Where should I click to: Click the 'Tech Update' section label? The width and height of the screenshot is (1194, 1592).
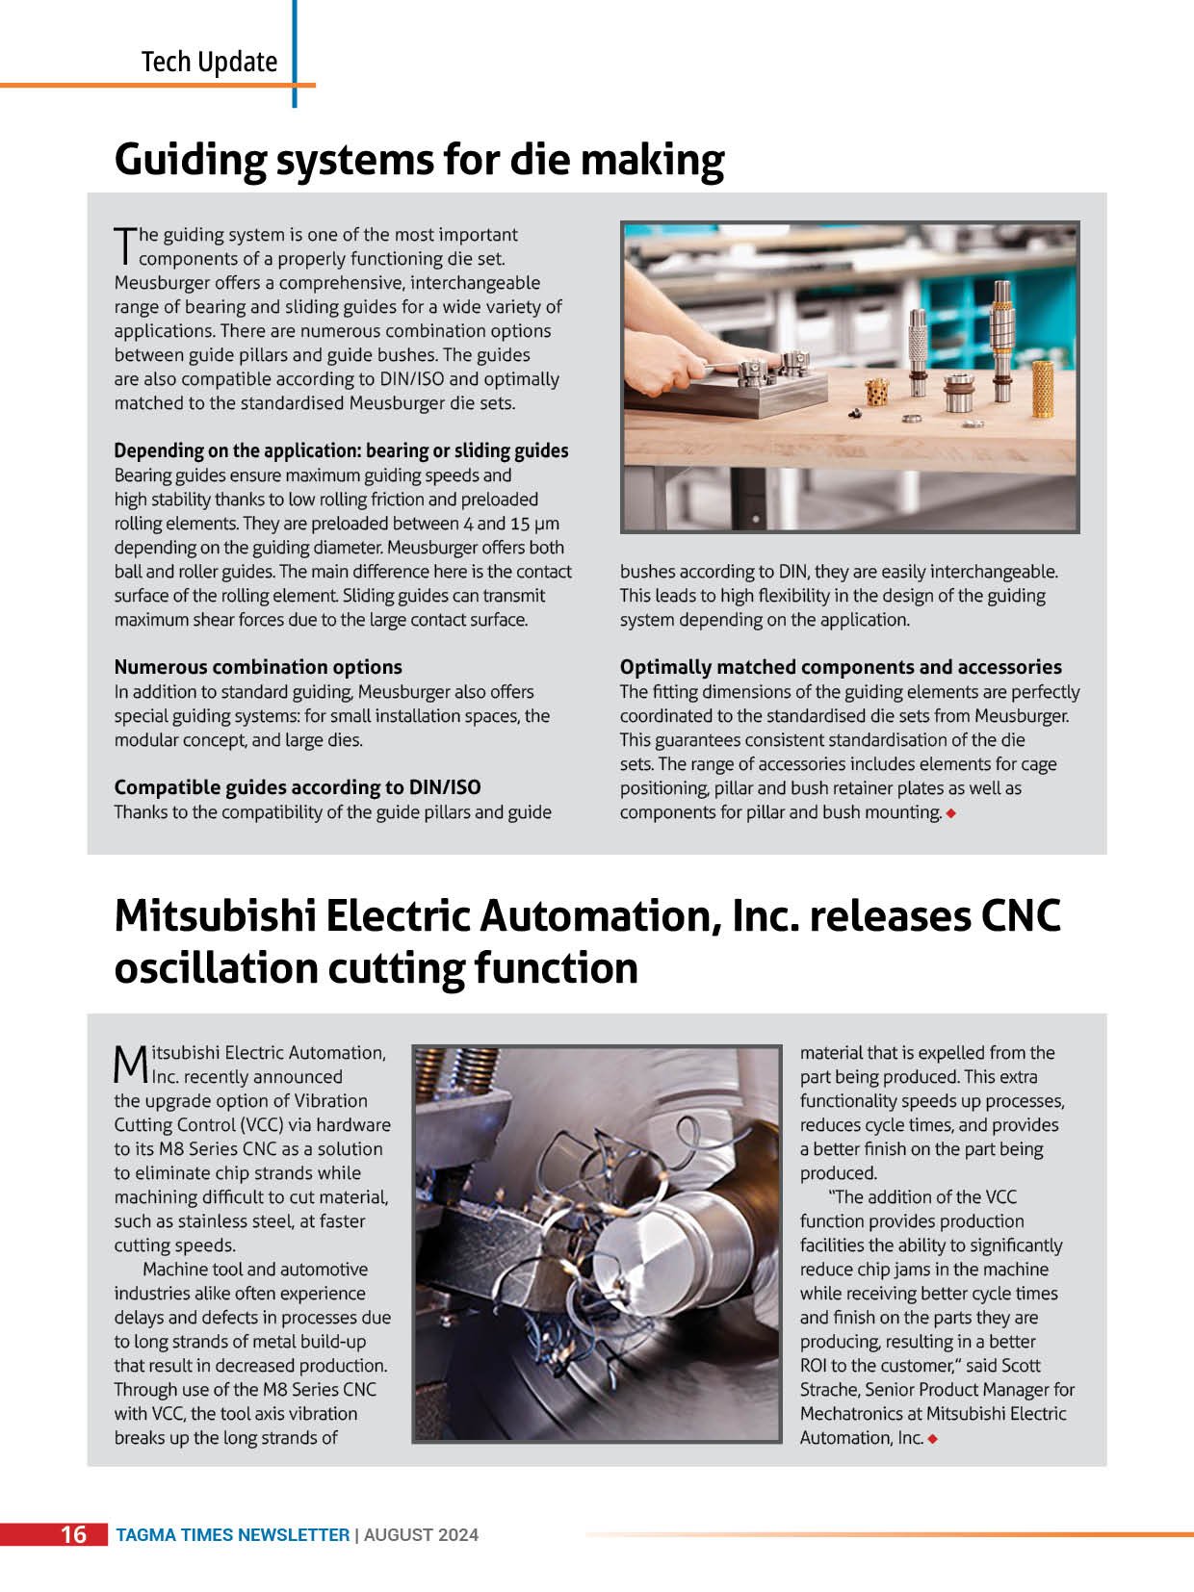(209, 63)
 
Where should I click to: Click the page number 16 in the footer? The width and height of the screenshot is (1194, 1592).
(73, 1534)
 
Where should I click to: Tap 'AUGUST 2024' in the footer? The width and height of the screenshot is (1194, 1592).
(421, 1535)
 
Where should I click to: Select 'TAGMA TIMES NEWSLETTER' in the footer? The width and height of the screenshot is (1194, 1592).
(232, 1535)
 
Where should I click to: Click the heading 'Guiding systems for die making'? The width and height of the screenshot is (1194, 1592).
(419, 160)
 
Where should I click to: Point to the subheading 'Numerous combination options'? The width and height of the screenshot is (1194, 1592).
(258, 667)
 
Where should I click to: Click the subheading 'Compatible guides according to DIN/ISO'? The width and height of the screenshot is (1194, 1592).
(297, 787)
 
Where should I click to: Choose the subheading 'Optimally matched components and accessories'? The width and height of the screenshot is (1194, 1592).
(841, 667)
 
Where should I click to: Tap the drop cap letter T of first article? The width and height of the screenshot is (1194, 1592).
(124, 246)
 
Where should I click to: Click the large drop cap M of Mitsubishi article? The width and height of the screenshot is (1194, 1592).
(130, 1065)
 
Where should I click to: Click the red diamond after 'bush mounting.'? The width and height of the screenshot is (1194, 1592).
(951, 813)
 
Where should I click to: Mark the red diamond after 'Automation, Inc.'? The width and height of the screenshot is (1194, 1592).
(933, 1439)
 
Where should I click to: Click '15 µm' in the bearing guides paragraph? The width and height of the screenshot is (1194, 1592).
(534, 524)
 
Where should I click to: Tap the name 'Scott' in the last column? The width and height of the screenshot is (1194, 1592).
(1021, 1366)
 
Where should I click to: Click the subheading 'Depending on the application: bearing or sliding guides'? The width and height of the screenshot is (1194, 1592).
(341, 450)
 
